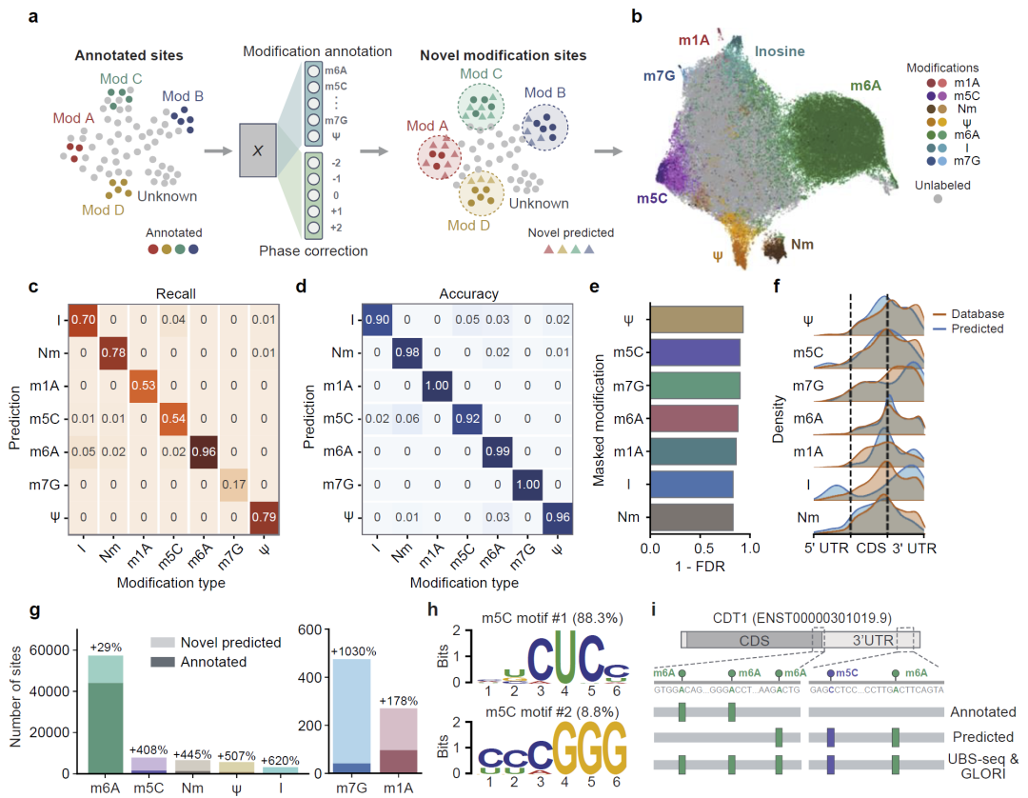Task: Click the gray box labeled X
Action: click(256, 150)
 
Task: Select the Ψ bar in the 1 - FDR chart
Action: click(697, 321)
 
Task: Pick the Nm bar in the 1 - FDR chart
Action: click(692, 517)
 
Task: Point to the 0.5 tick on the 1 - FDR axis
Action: click(700, 551)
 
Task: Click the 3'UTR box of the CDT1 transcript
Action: click(868, 641)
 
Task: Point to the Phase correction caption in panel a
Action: click(312, 250)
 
